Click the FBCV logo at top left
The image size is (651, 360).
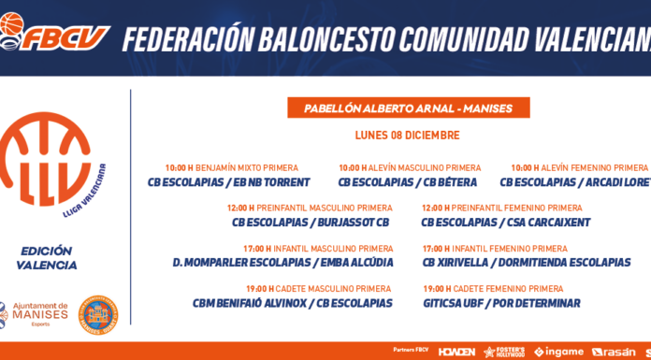pos(55,32)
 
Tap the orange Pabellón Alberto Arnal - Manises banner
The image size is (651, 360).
pos(409,108)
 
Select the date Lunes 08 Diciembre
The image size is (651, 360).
pos(407,136)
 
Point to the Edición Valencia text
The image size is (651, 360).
pos(47,258)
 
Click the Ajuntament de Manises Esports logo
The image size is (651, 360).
pos(35,314)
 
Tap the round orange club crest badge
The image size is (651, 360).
pos(98,315)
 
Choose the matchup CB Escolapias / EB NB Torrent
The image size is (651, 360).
pos(229,182)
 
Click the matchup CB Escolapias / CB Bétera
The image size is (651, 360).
pos(407,182)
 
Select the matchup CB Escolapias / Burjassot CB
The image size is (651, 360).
pos(311,223)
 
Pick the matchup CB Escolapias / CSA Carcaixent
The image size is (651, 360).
pos(506,223)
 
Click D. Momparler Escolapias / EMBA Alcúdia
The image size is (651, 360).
pos(282,263)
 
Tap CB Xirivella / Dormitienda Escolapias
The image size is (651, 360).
pos(527,263)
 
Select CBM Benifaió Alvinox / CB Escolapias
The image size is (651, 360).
pos(292,303)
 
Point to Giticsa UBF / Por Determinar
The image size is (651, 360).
pos(501,303)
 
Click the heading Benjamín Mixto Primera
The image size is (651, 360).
pos(247,168)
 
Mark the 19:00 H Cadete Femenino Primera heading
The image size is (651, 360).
pos(493,289)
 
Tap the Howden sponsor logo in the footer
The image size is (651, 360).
pos(456,352)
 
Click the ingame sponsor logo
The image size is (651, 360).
pos(558,352)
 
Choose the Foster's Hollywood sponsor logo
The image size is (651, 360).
pos(504,352)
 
